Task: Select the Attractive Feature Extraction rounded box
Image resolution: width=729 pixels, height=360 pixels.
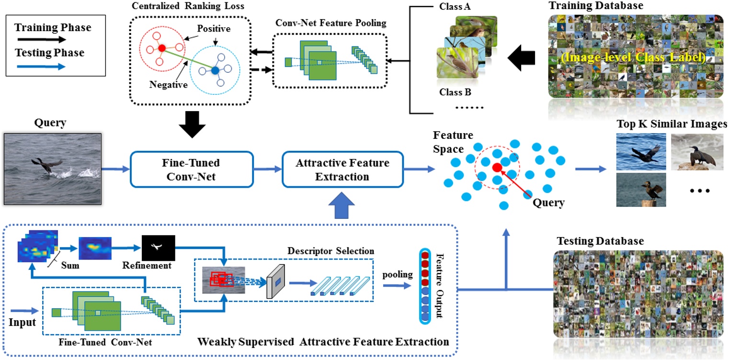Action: (x=342, y=169)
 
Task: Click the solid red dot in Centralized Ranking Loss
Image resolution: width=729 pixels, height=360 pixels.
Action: (x=162, y=48)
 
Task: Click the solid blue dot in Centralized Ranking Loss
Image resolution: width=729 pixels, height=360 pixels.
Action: (x=215, y=71)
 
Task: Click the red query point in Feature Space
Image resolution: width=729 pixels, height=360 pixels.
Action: (x=497, y=167)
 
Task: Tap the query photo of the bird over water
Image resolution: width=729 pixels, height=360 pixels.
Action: (x=53, y=169)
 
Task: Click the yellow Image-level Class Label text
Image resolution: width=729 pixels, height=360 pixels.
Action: (x=634, y=59)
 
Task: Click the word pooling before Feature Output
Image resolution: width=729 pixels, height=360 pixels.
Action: (x=397, y=274)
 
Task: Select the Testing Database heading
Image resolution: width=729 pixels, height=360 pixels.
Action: (x=600, y=241)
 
